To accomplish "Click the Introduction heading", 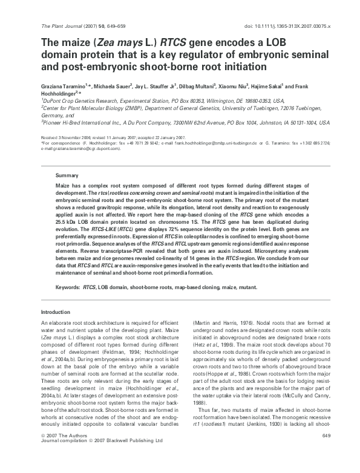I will (56, 312).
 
